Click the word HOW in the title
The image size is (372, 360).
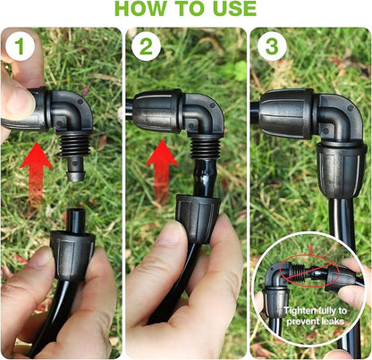(143, 10)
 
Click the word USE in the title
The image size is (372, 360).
(230, 10)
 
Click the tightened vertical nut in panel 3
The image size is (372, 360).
(340, 165)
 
